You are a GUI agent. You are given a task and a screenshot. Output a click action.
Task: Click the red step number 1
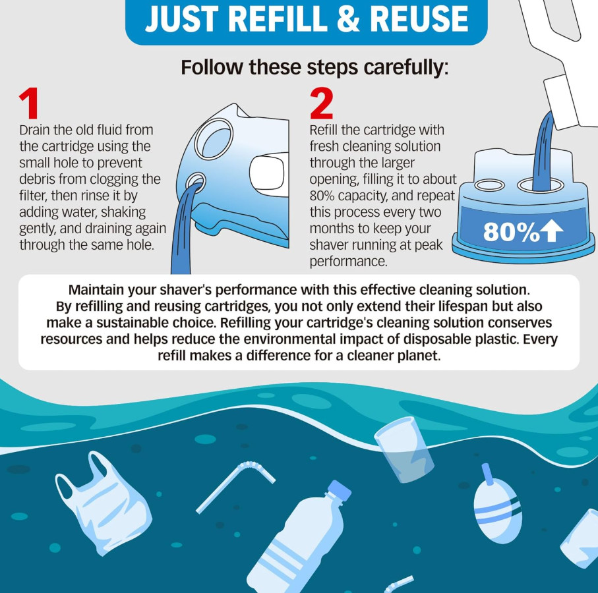[x=29, y=103]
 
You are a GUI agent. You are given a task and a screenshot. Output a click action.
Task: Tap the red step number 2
[x=322, y=103]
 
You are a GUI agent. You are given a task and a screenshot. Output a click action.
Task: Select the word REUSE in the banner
[x=419, y=19]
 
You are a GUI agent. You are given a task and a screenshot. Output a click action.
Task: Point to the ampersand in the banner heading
[x=348, y=19]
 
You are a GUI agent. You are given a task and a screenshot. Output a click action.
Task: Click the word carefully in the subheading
[x=405, y=67]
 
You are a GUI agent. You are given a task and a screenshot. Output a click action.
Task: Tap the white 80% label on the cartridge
[x=512, y=231]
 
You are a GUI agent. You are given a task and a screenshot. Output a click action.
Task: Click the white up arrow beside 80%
[x=553, y=232]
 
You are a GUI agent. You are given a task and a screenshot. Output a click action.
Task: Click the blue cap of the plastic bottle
[x=339, y=490]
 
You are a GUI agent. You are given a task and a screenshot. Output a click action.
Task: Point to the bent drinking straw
[x=235, y=486]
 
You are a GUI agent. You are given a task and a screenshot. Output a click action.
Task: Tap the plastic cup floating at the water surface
[x=404, y=448]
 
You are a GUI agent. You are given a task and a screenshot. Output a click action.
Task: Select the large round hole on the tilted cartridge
[x=214, y=139]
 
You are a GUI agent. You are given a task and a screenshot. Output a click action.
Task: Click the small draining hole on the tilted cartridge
[x=196, y=182]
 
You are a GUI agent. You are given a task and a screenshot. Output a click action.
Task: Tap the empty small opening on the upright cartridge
[x=490, y=185]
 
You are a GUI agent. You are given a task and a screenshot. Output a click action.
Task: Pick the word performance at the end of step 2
[x=348, y=262]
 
